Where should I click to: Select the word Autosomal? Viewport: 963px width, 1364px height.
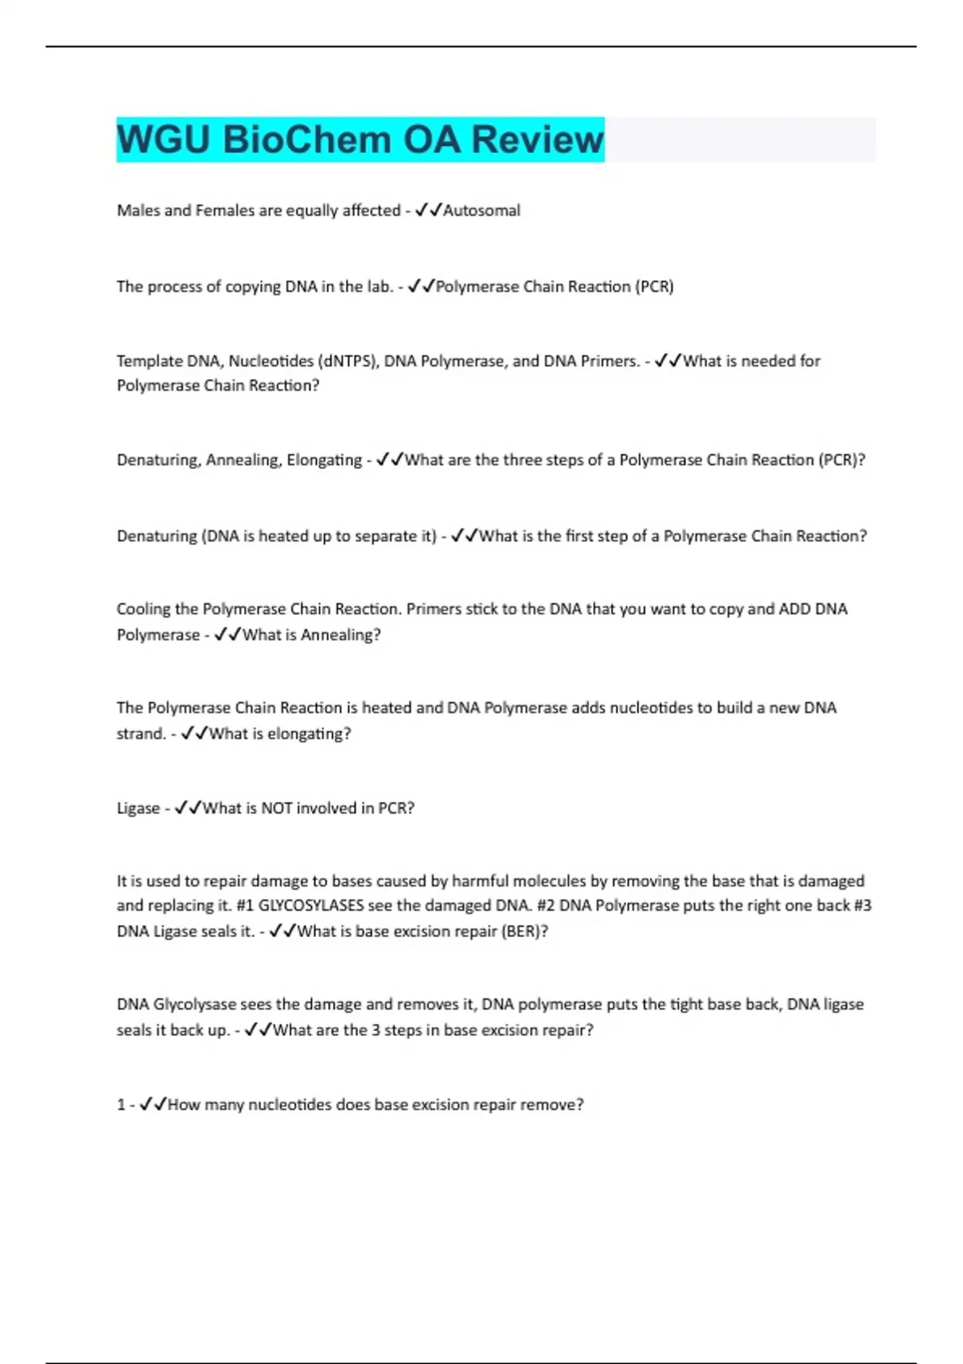click(481, 210)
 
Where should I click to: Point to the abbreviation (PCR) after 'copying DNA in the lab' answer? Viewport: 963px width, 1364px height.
click(654, 286)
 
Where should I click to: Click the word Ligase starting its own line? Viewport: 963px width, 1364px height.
click(138, 808)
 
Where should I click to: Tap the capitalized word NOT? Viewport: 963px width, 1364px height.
click(276, 808)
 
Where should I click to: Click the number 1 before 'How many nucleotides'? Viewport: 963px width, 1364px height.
click(121, 1105)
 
